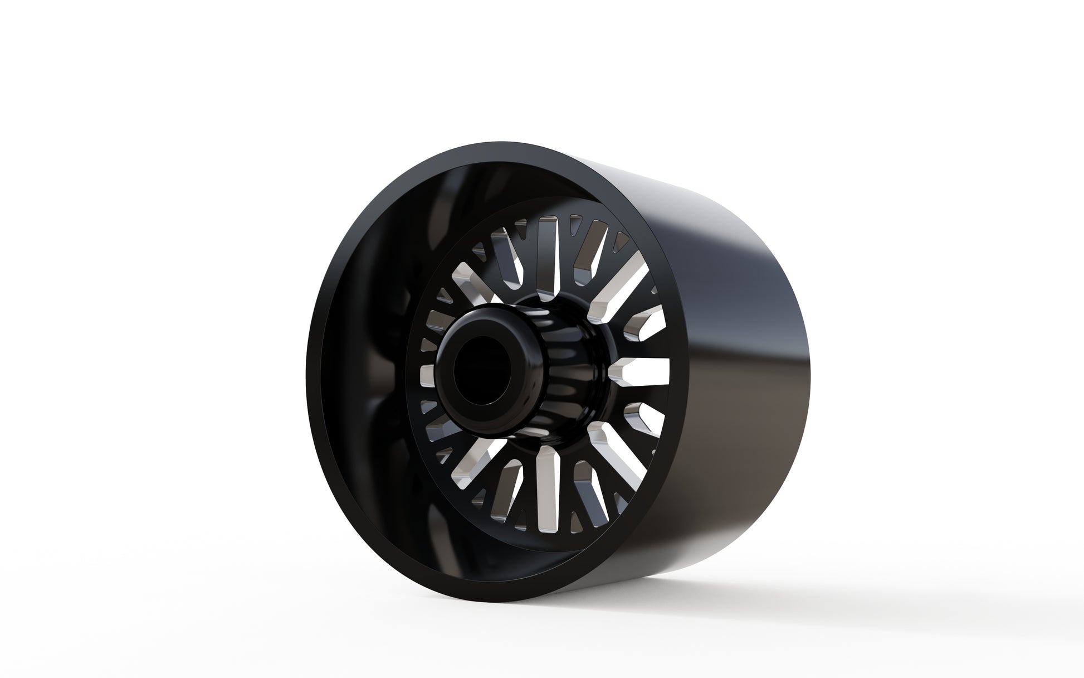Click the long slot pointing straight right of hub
coord(641,370)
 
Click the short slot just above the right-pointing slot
coord(641,329)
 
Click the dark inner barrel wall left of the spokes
coord(362,362)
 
